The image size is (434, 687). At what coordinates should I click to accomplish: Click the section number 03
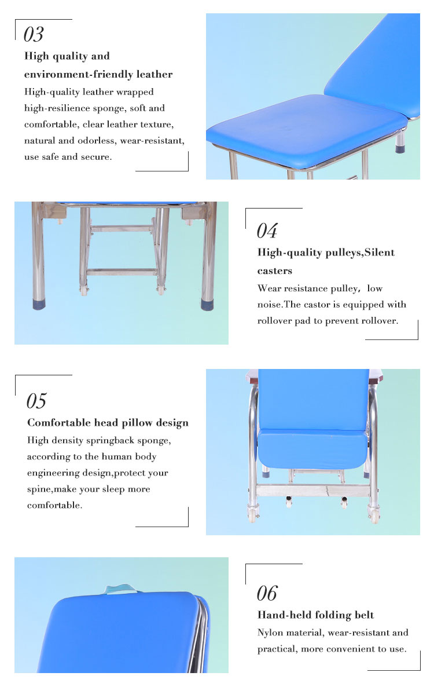pyautogui.click(x=34, y=34)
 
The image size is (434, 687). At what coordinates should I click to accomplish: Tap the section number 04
pyautogui.click(x=267, y=231)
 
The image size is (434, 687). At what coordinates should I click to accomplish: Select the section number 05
pyautogui.click(x=36, y=401)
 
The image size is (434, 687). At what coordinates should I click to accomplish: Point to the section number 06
pyautogui.click(x=267, y=594)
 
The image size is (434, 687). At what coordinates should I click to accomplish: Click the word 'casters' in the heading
pyautogui.click(x=274, y=271)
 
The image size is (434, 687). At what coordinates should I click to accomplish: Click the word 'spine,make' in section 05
pyautogui.click(x=52, y=489)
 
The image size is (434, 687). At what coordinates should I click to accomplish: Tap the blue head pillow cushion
pyautogui.click(x=312, y=449)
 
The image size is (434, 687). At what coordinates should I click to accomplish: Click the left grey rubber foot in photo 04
pyautogui.click(x=39, y=304)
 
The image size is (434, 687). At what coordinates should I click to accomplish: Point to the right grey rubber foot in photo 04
pyautogui.click(x=207, y=304)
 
